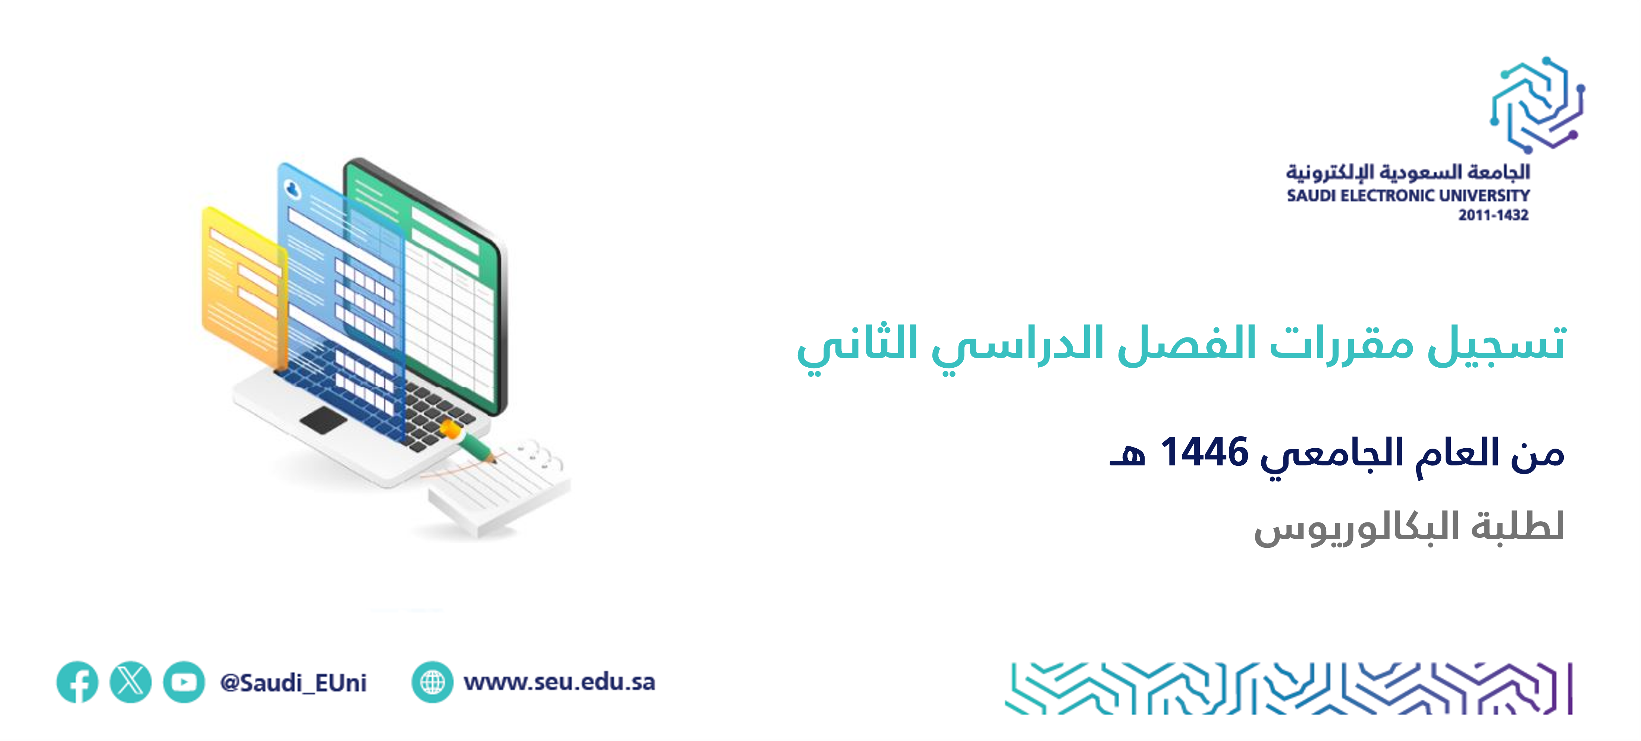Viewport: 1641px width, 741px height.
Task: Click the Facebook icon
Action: click(77, 682)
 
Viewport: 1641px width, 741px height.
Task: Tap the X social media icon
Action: click(131, 682)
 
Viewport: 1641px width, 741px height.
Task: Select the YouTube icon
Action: click(184, 682)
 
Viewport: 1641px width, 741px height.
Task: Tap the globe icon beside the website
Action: click(433, 682)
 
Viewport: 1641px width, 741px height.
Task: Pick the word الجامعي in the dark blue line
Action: click(1331, 456)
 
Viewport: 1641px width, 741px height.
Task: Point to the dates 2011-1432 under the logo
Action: click(1493, 215)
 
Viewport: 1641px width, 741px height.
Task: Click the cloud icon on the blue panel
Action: click(292, 189)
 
